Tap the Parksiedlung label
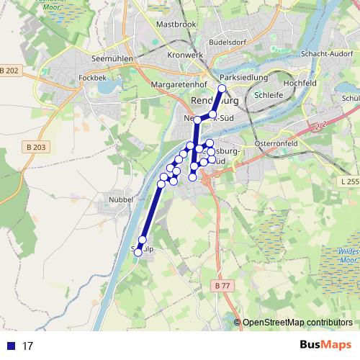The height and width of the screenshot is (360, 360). pos(243,77)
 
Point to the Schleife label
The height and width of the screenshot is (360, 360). pos(269,94)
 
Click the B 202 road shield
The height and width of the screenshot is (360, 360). pos(9,70)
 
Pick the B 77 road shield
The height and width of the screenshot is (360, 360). pos(222,287)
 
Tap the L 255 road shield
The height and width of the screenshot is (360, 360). pos(348,181)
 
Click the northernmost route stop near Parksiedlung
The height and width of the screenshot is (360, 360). pos(222,89)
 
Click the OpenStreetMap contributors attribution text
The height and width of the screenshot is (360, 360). pos(297,322)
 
